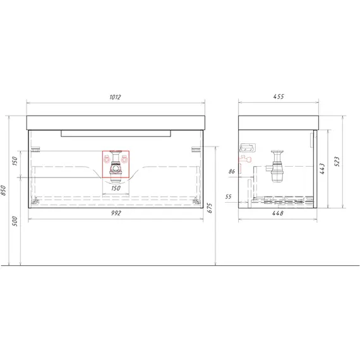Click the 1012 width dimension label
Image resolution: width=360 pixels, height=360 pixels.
pyautogui.click(x=115, y=97)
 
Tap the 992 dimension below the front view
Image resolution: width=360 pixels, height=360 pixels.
pyautogui.click(x=116, y=213)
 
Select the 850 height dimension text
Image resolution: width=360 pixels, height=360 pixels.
pyautogui.click(x=3, y=190)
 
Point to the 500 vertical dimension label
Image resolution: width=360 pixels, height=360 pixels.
pyautogui.click(x=15, y=221)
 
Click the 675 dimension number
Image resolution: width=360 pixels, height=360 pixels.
pyautogui.click(x=210, y=208)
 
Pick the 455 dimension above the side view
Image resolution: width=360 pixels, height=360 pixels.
pyautogui.click(x=279, y=97)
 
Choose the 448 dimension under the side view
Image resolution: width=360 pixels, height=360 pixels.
pyautogui.click(x=278, y=213)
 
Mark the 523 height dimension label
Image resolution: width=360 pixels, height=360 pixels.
pyautogui.click(x=337, y=162)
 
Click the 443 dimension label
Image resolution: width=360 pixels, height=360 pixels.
pyautogui.click(x=322, y=169)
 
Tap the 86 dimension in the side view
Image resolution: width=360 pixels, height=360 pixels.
pyautogui.click(x=232, y=171)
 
